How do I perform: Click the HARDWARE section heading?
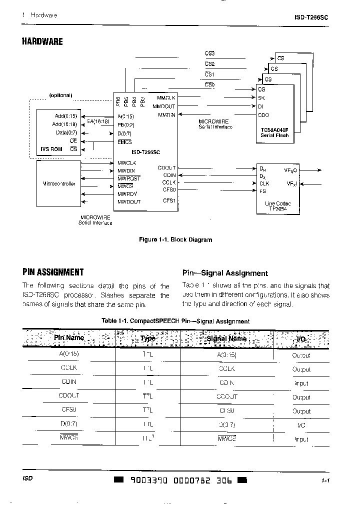pos(42,41)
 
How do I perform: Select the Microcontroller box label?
pos(58,183)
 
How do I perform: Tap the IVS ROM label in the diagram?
pos(51,148)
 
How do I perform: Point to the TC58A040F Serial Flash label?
pos(274,132)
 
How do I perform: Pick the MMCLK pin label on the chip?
pos(166,97)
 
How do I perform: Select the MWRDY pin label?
pos(127,193)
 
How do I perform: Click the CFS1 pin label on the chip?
pos(169,201)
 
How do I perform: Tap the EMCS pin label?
pos(124,142)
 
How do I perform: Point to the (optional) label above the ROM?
pos(60,95)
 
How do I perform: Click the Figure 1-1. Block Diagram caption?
pos(175,240)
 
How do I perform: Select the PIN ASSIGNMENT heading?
pos(53,272)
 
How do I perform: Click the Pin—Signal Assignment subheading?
pos(225,273)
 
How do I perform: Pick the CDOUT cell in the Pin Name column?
pos(69,395)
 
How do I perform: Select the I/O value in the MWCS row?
pos(301,439)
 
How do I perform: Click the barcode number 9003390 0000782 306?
pos(180,480)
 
